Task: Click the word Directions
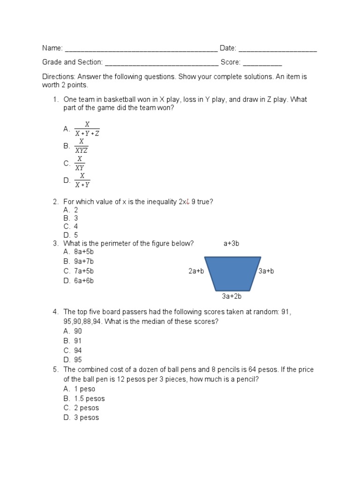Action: (59, 76)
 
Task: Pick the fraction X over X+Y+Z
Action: (87, 129)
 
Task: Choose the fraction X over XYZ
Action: (82, 146)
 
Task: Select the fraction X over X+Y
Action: (82, 180)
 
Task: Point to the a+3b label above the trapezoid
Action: (232, 244)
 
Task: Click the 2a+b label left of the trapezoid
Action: (196, 271)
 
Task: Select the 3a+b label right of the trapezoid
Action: (266, 271)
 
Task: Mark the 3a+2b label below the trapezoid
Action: (232, 296)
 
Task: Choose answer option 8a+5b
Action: (84, 252)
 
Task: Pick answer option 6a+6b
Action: (84, 281)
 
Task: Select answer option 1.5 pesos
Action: (89, 398)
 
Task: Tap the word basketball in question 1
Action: (118, 99)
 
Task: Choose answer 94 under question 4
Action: (78, 351)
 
